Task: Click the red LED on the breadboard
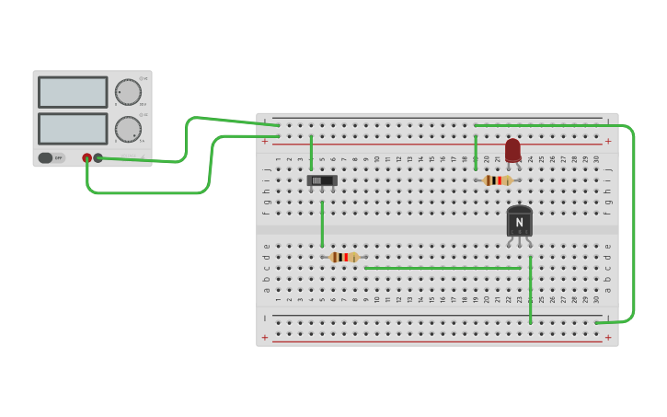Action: pyautogui.click(x=512, y=149)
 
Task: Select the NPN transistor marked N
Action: pyautogui.click(x=519, y=222)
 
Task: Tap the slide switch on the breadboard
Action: pyautogui.click(x=321, y=180)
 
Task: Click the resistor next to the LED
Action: pyautogui.click(x=498, y=180)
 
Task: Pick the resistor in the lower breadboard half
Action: pyautogui.click(x=344, y=258)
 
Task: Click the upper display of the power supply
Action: pyautogui.click(x=73, y=92)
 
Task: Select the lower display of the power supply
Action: pyautogui.click(x=73, y=128)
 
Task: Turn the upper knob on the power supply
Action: pyautogui.click(x=128, y=92)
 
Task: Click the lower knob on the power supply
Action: pyautogui.click(x=128, y=129)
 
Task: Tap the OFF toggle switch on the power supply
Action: pyautogui.click(x=52, y=157)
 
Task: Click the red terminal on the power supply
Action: pyautogui.click(x=87, y=157)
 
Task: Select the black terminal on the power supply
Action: pyautogui.click(x=98, y=157)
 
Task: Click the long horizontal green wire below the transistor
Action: pyautogui.click(x=442, y=268)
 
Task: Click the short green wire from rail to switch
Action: pyautogui.click(x=311, y=152)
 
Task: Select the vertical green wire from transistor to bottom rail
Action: pyautogui.click(x=530, y=290)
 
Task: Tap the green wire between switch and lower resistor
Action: pyautogui.click(x=322, y=224)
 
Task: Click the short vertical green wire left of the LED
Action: pyautogui.click(x=476, y=152)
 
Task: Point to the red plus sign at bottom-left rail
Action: pyautogui.click(x=265, y=338)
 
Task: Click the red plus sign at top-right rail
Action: pyautogui.click(x=607, y=142)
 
